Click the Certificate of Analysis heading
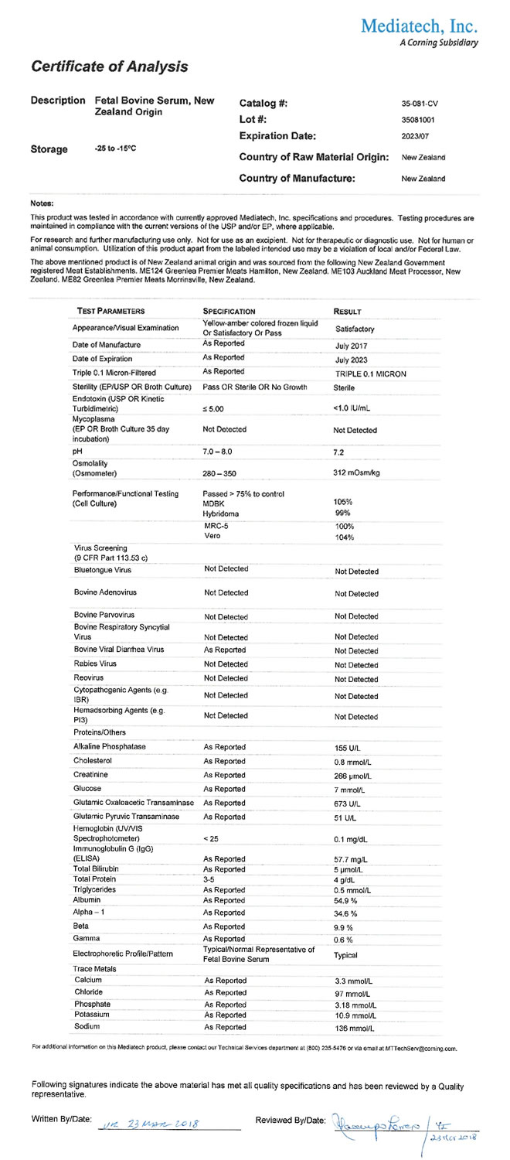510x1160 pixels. pyautogui.click(x=110, y=67)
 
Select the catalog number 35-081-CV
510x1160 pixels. pyautogui.click(x=420, y=103)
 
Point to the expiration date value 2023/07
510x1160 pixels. pyautogui.click(x=415, y=136)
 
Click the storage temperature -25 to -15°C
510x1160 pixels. pyautogui.click(x=115, y=148)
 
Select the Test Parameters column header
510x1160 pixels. pyautogui.click(x=111, y=311)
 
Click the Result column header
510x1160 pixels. pyautogui.click(x=347, y=311)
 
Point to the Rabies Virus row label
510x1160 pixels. pyautogui.click(x=95, y=664)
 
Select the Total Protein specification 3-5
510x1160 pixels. pyautogui.click(x=209, y=879)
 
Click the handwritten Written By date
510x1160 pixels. pyautogui.click(x=150, y=1121)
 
